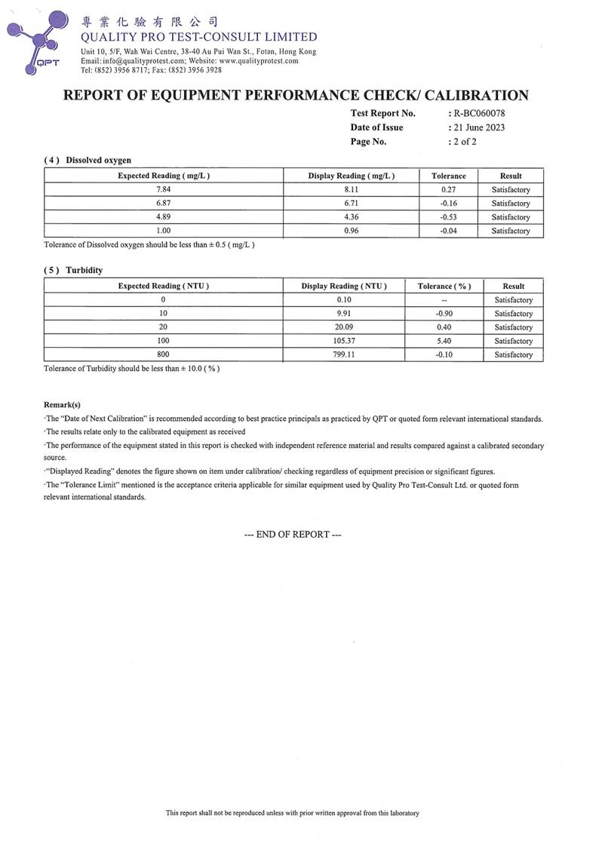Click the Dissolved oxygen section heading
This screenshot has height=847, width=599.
98,160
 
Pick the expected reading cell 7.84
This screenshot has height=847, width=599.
163,190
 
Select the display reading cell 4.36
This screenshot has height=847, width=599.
351,217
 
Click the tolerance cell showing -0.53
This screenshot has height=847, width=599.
448,217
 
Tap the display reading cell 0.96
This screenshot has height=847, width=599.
351,231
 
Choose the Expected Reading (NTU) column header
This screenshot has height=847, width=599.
163,286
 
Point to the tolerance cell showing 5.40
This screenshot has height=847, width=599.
444,341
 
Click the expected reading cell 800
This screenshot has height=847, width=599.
163,354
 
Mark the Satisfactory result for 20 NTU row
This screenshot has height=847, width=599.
513,327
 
